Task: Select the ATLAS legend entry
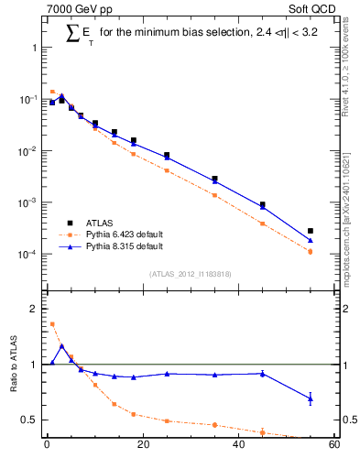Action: tap(101, 223)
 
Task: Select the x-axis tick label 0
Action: tap(47, 446)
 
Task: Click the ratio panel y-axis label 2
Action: tap(33, 309)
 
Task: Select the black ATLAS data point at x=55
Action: tap(311, 231)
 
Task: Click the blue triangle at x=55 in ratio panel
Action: tap(311, 398)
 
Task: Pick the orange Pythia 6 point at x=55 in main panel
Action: tap(311, 251)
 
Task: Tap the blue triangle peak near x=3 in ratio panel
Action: tap(61, 346)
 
